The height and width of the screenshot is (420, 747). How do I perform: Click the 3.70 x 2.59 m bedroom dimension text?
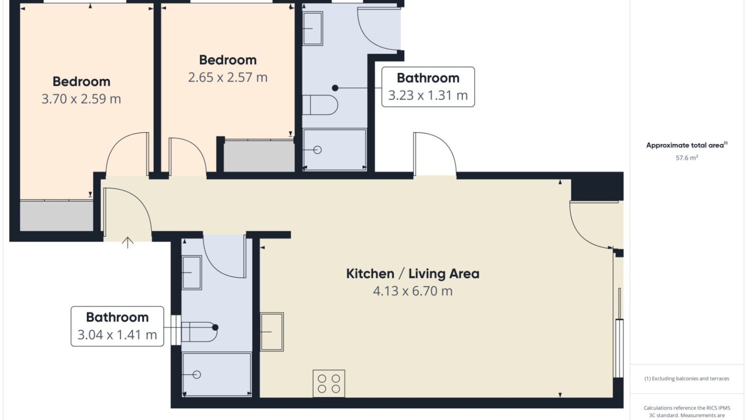(81, 99)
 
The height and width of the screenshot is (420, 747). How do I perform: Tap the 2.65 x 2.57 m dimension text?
(228, 77)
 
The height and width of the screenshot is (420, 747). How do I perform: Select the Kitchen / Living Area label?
(413, 274)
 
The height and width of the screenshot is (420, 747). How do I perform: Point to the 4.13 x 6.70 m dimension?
(413, 291)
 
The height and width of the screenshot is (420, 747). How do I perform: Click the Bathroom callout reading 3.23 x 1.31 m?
(428, 87)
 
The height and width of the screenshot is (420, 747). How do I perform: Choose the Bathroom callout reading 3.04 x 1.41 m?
(117, 326)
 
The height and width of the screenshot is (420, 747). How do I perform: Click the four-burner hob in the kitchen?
(329, 383)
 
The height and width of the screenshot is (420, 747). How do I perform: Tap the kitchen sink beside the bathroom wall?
(272, 332)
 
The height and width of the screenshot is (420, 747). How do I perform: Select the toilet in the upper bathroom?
(320, 105)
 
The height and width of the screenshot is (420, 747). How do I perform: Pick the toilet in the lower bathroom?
(200, 332)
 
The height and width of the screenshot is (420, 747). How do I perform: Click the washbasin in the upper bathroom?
(312, 28)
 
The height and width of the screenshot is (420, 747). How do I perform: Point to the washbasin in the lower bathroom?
(191, 273)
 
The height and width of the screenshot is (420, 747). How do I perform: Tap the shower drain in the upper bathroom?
(317, 150)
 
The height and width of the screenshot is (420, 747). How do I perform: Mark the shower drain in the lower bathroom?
(197, 375)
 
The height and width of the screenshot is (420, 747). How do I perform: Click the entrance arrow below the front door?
(128, 243)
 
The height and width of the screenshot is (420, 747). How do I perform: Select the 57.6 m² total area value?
(687, 157)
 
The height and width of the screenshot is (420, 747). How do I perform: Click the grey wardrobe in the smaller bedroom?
(259, 156)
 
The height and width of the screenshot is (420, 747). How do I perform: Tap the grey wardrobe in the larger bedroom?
(57, 216)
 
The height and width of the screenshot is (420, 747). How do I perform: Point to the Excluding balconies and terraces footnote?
(687, 378)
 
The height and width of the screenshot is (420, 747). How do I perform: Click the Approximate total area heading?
(687, 145)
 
